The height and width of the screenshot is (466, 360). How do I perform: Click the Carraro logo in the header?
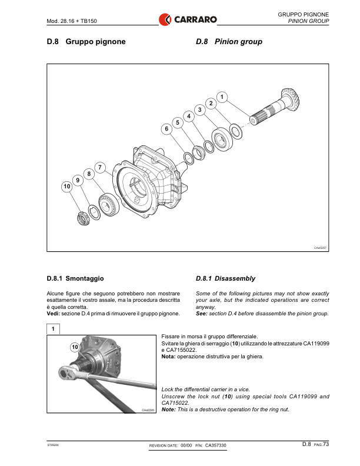pyautogui.click(x=188, y=20)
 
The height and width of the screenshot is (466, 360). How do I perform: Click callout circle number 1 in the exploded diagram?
pyautogui.click(x=221, y=96)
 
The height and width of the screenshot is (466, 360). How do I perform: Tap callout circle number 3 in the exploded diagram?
pyautogui.click(x=200, y=109)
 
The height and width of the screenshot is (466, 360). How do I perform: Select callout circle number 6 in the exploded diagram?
pyautogui.click(x=166, y=128)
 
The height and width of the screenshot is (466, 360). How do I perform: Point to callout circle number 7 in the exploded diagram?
pyautogui.click(x=101, y=167)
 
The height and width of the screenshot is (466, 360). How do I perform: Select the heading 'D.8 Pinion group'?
pyautogui.click(x=229, y=42)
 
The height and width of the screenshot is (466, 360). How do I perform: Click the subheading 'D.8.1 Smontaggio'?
pyautogui.click(x=76, y=278)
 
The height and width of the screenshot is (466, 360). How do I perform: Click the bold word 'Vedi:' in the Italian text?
pyautogui.click(x=54, y=314)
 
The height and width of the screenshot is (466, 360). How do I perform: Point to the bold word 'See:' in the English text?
pyautogui.click(x=202, y=314)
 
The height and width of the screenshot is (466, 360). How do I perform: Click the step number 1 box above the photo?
pyautogui.click(x=54, y=328)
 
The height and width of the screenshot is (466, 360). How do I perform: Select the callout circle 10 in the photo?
pyautogui.click(x=75, y=347)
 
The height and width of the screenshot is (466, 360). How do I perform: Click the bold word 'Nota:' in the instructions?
pyautogui.click(x=169, y=357)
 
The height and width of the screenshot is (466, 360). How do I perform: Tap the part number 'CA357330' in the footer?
pyautogui.click(x=215, y=446)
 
